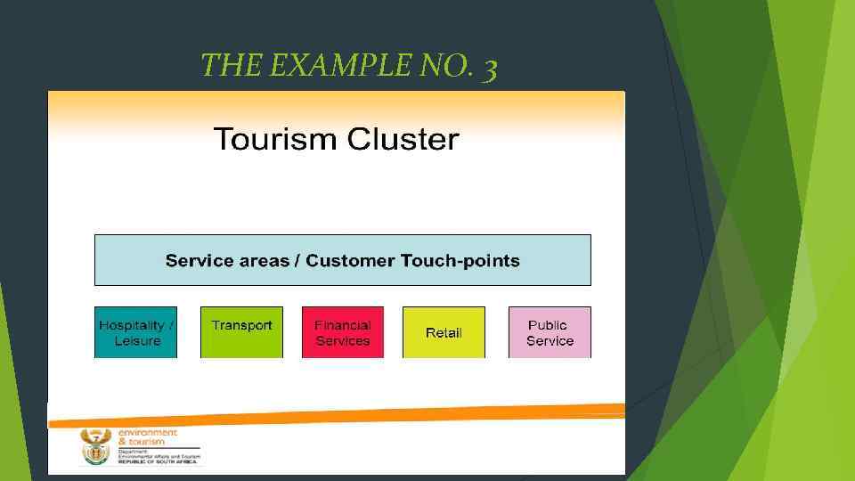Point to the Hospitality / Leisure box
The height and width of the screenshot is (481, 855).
tap(136, 332)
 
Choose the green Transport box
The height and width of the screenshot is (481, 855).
tap(241, 332)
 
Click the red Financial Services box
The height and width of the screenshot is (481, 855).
tap(343, 332)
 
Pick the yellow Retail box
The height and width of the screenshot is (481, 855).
tap(444, 332)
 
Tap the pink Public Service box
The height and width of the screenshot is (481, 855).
tap(549, 332)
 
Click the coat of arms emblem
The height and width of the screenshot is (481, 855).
tap(96, 446)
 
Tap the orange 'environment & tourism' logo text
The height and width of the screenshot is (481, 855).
tap(147, 436)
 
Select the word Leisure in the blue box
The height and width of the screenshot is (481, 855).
tap(137, 341)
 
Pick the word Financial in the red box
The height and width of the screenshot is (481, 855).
tap(343, 325)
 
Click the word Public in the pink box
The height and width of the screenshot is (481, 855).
tap(547, 325)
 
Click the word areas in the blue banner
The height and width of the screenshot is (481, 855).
tap(265, 261)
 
